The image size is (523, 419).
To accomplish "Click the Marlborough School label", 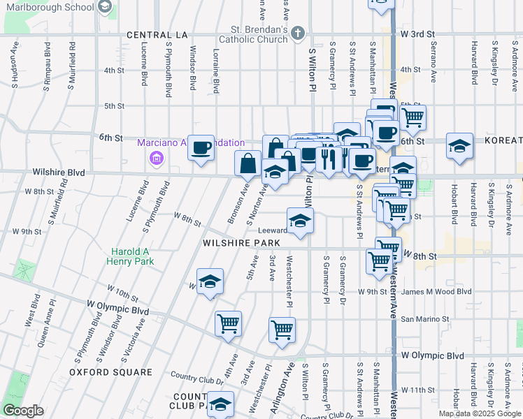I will pos(48,7).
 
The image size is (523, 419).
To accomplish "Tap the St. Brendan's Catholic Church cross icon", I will pos(298,33).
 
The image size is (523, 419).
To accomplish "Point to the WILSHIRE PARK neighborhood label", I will pos(241,243).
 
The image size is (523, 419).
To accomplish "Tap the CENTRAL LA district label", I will pos(158,34).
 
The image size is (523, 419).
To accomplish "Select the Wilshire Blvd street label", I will pos(59,172).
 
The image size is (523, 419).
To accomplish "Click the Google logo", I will pos(22,410).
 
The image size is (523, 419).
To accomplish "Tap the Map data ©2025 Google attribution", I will pos(479,413).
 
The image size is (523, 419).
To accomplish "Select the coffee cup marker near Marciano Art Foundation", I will pos(201,148).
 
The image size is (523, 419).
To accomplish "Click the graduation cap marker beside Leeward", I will pos(300,221).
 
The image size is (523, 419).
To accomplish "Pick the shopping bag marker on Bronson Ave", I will pos(248,165).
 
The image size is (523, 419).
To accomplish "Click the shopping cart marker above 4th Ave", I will pos(229,324).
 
